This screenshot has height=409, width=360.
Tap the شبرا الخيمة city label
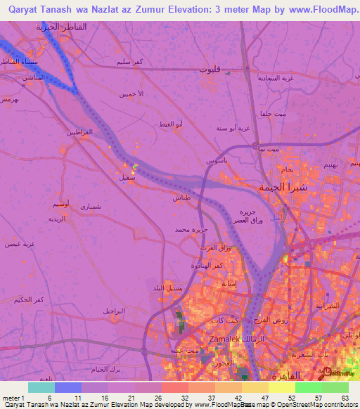point(283,188)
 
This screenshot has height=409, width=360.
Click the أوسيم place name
point(60,204)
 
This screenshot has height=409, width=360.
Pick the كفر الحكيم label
point(29,299)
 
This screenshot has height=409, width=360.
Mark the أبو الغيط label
point(172,124)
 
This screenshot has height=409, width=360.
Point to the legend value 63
point(345,397)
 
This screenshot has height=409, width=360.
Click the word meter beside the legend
point(11,397)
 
